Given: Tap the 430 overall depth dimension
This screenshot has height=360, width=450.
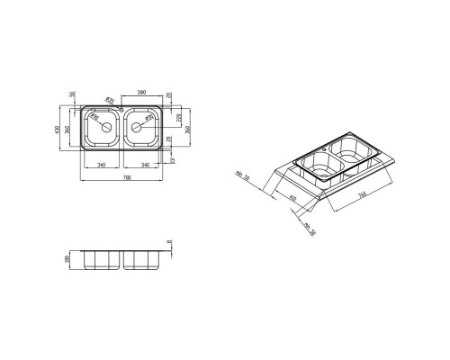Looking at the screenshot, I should [x=62, y=130].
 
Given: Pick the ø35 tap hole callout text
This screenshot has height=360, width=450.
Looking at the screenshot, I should [x=112, y=100].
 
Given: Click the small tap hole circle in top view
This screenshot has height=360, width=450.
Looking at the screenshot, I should [x=123, y=109].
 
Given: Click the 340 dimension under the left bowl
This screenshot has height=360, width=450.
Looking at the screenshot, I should [x=103, y=166].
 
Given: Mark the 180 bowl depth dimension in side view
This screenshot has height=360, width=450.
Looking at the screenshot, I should [x=68, y=258].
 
